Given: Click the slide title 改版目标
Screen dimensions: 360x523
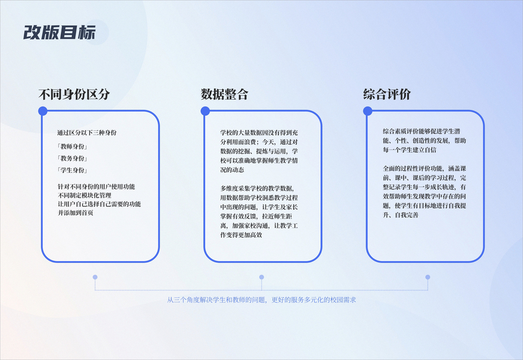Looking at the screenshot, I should tap(59, 32).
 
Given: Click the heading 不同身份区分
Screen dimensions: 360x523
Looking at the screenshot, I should tap(74, 94).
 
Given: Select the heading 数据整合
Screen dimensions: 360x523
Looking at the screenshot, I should tap(224, 94).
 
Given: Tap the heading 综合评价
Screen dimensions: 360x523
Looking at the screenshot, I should tap(387, 94).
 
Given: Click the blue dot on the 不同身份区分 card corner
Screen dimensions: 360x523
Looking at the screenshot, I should tap(43, 111).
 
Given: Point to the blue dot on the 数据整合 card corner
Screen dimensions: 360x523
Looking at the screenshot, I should tap(205, 111).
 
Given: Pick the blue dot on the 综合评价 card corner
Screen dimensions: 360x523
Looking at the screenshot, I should tap(368, 111).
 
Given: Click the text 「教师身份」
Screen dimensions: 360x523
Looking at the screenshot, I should tap(72, 146).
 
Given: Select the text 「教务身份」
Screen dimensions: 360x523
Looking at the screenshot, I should tap(72, 158).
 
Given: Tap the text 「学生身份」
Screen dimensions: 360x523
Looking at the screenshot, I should tap(72, 170).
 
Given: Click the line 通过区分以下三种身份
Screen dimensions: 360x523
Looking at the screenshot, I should tap(86, 132).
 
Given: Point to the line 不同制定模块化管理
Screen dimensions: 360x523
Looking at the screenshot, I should tap(84, 196).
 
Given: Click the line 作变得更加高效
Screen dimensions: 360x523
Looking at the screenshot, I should tap(241, 235).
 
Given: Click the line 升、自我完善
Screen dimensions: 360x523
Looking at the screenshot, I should tap(400, 214).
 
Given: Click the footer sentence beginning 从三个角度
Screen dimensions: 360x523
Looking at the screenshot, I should tap(261, 299).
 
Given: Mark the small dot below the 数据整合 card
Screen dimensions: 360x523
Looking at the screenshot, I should tap(261, 277).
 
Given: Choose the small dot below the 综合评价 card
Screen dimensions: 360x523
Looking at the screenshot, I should tap(428, 277).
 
